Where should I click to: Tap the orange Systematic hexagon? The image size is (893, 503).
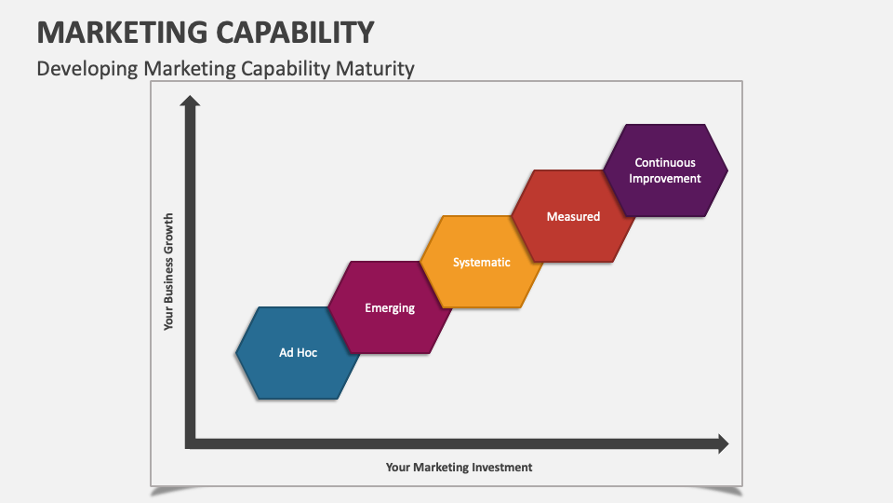(x=481, y=262)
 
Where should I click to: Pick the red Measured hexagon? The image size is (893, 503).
(x=573, y=216)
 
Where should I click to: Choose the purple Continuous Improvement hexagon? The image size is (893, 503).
(x=665, y=170)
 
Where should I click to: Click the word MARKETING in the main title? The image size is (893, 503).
(x=114, y=32)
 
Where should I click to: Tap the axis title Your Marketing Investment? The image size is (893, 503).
(x=460, y=468)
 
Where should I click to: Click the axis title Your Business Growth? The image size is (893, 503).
(x=168, y=272)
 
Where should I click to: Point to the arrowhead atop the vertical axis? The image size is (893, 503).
(x=191, y=101)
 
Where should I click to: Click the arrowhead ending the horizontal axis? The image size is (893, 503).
(x=722, y=443)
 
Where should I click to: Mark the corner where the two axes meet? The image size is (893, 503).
(x=191, y=443)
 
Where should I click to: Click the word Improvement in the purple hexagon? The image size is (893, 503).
(x=665, y=178)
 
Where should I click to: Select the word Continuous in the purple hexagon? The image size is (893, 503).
(x=665, y=163)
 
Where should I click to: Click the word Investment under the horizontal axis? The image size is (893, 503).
(x=501, y=468)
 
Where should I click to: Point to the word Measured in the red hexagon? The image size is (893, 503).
(x=573, y=216)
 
